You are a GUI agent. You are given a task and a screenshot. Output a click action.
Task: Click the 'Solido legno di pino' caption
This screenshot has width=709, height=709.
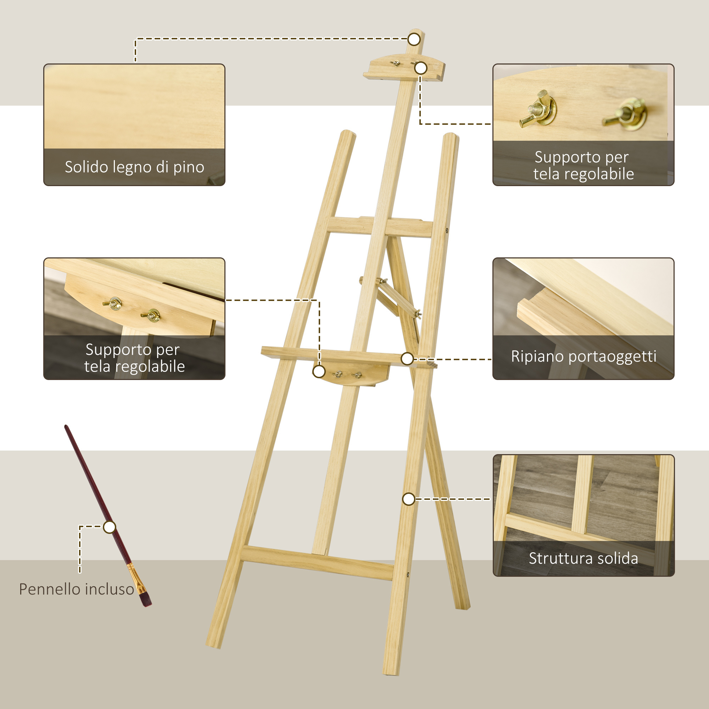134,167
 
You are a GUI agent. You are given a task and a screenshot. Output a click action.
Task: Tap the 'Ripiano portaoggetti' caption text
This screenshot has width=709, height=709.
584,356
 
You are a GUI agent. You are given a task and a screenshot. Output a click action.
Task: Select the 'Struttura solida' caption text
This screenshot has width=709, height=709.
583,558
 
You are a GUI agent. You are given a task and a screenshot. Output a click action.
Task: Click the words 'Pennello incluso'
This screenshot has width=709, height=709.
77,589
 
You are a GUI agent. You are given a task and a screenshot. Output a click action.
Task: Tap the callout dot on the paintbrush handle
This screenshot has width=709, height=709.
109,527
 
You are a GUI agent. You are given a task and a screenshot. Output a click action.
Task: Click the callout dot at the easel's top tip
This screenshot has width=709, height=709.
414,39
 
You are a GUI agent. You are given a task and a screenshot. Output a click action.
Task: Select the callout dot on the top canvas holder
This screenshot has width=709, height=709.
420,68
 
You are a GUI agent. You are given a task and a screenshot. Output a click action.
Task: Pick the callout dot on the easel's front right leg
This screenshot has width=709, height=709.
408,499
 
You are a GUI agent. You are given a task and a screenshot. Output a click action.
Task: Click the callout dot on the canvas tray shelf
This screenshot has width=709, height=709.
407,359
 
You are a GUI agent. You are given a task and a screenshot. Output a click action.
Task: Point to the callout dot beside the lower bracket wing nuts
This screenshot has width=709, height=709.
319,372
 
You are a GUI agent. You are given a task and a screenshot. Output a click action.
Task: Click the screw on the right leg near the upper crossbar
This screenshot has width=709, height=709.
447,230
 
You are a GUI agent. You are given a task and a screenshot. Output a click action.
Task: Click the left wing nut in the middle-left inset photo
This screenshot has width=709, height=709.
114,303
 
